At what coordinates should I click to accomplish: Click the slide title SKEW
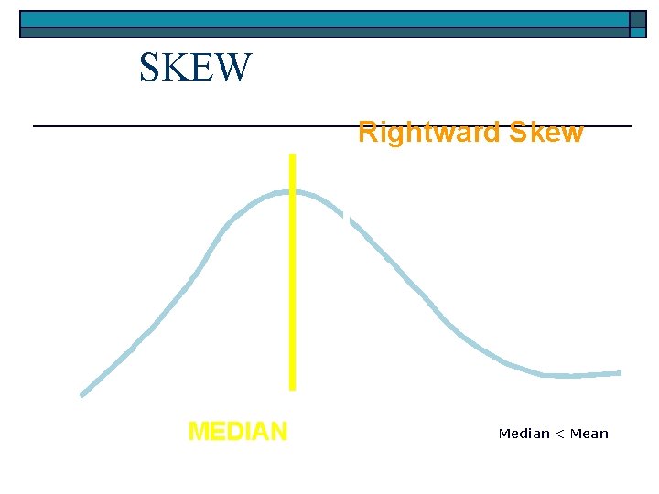(195, 68)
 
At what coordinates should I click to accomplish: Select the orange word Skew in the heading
(546, 133)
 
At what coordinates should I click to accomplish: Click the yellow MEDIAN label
(237, 431)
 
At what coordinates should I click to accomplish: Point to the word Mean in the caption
(589, 434)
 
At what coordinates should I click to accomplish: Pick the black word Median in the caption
(524, 434)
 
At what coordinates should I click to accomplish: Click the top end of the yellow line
(292, 156)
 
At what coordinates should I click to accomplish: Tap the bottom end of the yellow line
(292, 388)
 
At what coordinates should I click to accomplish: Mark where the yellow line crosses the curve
(292, 192)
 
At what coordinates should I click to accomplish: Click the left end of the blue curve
(82, 395)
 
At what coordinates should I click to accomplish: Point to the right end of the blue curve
(620, 373)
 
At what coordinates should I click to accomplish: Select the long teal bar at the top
(324, 19)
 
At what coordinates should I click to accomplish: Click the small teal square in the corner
(638, 33)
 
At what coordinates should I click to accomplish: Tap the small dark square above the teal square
(638, 19)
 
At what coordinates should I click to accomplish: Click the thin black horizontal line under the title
(183, 125)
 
